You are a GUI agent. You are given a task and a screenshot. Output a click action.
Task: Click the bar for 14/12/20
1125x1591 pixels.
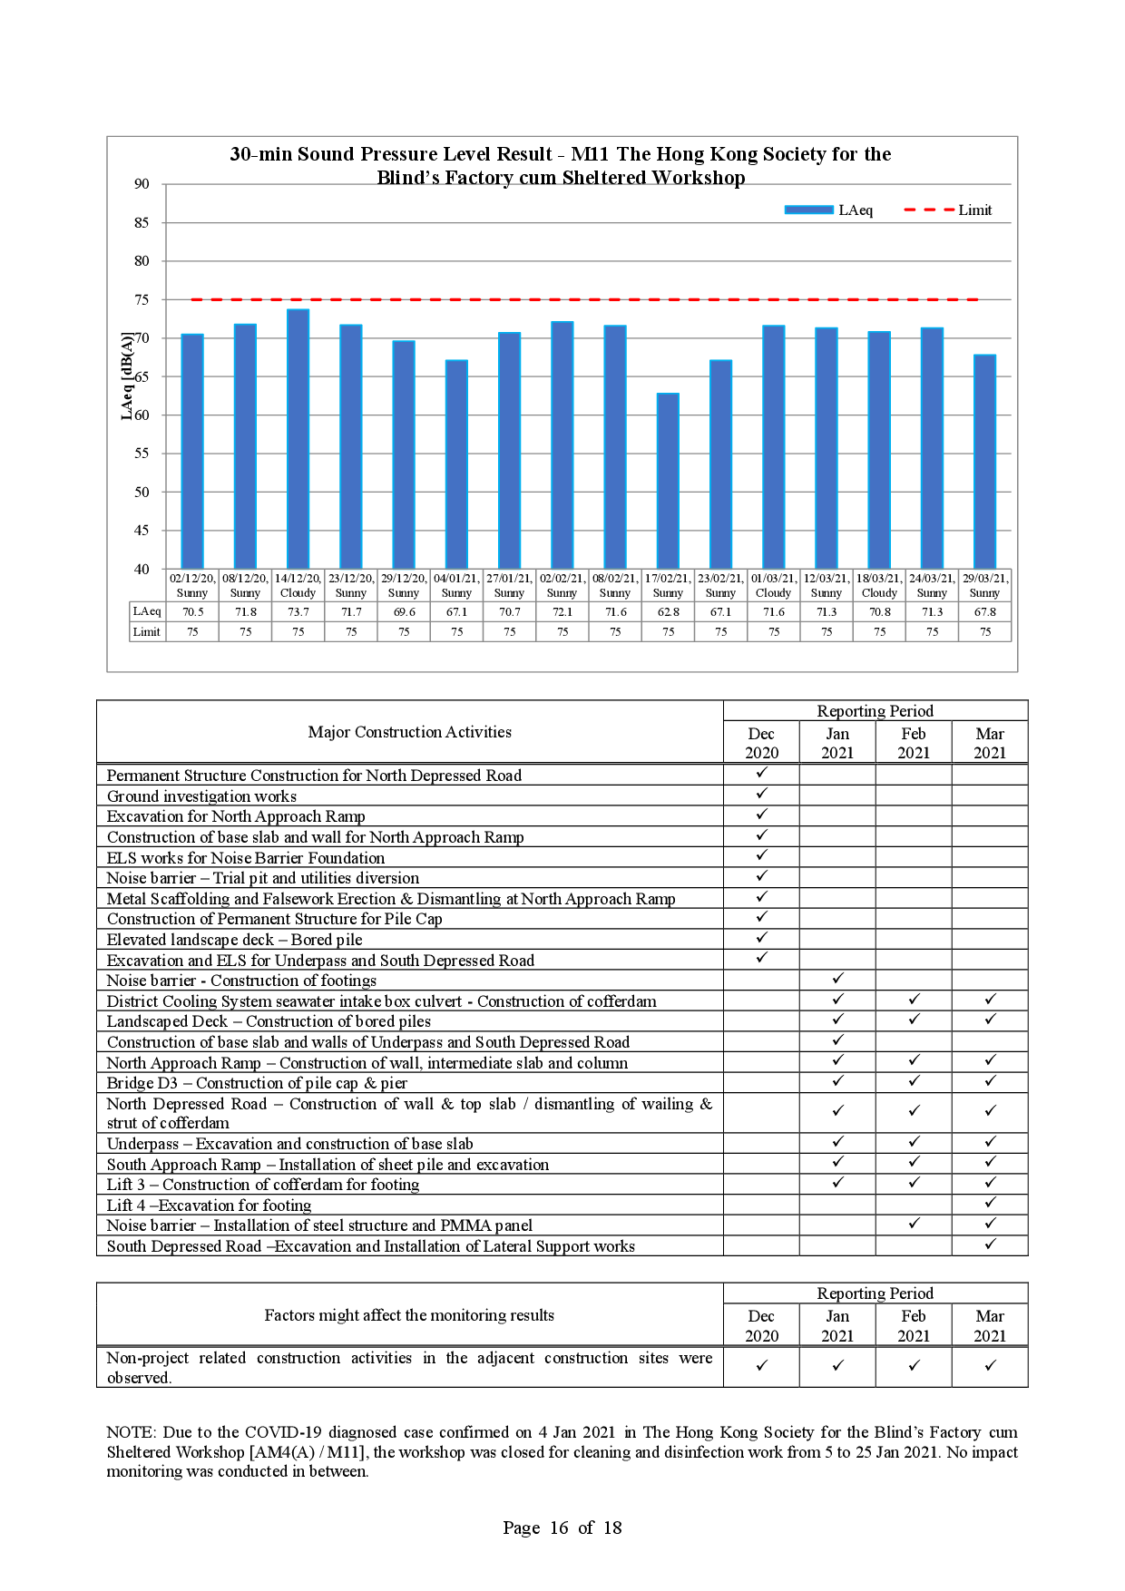(298, 439)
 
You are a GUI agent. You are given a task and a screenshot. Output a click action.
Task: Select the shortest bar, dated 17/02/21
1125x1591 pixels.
(668, 481)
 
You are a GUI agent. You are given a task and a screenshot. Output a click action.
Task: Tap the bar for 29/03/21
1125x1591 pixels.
(984, 462)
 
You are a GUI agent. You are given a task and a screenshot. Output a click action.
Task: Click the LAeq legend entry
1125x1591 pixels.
(828, 210)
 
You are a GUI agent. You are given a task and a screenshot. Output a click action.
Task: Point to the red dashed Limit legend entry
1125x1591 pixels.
(948, 210)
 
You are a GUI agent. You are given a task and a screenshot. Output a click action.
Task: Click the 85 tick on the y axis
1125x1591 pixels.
(142, 222)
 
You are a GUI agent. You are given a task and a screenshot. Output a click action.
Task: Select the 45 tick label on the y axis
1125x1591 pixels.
(142, 531)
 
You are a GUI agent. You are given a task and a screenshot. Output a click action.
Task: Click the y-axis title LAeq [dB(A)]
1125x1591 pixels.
(127, 376)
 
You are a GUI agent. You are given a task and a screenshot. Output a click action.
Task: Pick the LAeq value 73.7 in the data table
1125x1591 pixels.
(298, 612)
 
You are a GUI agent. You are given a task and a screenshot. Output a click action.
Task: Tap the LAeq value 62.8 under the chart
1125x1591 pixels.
(668, 612)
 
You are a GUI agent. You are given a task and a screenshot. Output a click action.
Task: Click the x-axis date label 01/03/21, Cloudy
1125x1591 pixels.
(773, 585)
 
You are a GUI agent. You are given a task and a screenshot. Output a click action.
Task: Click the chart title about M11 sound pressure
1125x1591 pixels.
(561, 165)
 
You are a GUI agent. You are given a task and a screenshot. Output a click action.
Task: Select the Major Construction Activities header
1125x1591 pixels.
(409, 732)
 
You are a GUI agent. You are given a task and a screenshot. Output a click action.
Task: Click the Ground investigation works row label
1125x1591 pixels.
(201, 796)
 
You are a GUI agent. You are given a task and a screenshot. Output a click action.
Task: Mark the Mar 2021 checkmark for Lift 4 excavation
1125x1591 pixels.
(990, 1203)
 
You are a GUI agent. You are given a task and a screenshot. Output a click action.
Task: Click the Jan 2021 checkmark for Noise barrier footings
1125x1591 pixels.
(837, 979)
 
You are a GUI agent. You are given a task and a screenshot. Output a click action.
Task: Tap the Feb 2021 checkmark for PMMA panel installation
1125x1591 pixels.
(914, 1224)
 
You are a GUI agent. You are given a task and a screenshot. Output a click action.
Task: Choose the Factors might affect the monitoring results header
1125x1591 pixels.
(409, 1315)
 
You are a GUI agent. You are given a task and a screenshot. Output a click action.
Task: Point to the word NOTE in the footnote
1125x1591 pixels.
(131, 1432)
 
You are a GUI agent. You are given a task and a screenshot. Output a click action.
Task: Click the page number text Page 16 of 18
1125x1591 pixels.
(562, 1528)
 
